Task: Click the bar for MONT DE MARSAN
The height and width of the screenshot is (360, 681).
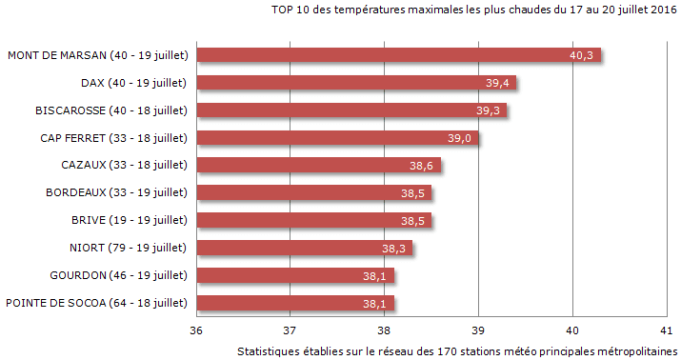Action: pyautogui.click(x=398, y=55)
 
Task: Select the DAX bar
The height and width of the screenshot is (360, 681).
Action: pyautogui.click(x=355, y=83)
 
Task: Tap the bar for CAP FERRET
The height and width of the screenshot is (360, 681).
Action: pyautogui.click(x=337, y=138)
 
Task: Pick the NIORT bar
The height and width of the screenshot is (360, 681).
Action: pyautogui.click(x=304, y=249)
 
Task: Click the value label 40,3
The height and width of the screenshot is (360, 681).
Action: pyautogui.click(x=581, y=55)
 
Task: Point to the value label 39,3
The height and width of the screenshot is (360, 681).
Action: pyautogui.click(x=488, y=110)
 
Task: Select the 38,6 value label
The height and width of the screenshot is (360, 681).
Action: pyautogui.click(x=422, y=166)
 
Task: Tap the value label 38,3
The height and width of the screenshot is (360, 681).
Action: pyautogui.click(x=393, y=249)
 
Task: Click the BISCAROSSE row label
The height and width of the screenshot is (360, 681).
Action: pyautogui.click(x=110, y=110)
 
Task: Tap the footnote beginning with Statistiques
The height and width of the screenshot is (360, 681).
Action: pyautogui.click(x=456, y=350)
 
